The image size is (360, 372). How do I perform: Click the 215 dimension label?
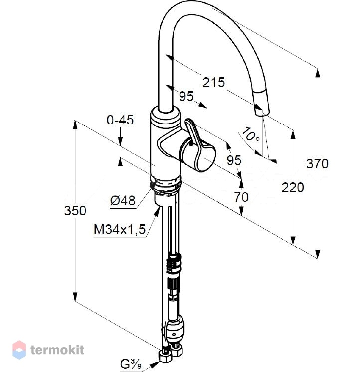click(213, 82)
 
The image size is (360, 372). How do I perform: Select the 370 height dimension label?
click(317, 164)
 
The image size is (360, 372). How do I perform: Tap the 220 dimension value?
click(293, 187)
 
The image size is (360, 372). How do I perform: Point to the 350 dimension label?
click(75, 211)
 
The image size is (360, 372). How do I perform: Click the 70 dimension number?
click(241, 197)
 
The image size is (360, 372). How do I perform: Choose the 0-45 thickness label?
click(120, 120)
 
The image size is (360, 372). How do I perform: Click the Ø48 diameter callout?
click(123, 201)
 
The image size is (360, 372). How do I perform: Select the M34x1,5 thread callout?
click(120, 230)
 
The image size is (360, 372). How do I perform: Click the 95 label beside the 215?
click(186, 96)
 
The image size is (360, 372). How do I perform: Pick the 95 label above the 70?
click(234, 160)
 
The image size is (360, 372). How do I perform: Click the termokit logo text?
click(57, 350)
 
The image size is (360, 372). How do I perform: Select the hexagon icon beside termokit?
click(19, 350)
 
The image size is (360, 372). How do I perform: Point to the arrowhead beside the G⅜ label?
click(155, 363)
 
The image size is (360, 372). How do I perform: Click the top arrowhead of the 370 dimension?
click(317, 73)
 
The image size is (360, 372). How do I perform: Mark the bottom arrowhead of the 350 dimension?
click(75, 297)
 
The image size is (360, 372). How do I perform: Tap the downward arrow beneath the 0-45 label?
click(120, 141)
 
